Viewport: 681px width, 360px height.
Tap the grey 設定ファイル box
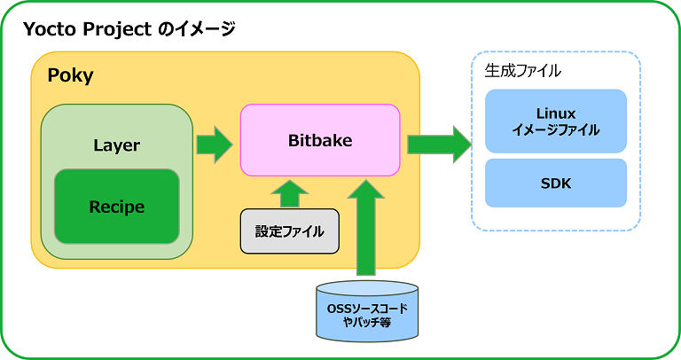click(290, 231)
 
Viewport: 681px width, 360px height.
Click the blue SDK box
click(556, 184)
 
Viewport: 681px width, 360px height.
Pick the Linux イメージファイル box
click(556, 121)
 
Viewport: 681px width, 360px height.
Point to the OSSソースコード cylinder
click(367, 312)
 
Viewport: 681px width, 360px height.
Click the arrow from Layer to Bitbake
click(213, 144)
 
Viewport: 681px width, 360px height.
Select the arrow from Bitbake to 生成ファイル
click(438, 144)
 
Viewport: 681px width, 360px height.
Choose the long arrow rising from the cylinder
click(367, 226)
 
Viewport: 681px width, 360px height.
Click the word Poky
click(70, 75)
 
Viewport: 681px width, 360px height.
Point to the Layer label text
click(116, 145)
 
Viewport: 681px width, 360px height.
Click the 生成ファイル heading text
click(524, 69)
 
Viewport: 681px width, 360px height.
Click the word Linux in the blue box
click(556, 113)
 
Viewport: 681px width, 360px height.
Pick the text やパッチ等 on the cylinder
click(367, 322)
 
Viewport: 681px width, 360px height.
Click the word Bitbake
click(320, 140)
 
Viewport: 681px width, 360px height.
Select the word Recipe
click(116, 207)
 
